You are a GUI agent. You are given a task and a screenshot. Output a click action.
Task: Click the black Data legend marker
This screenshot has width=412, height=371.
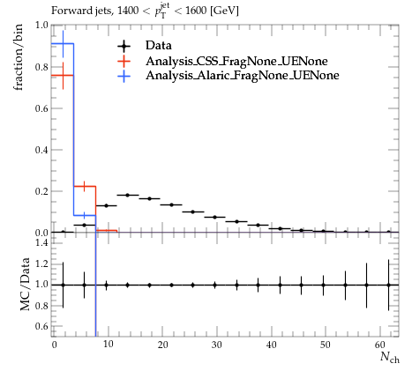(x=124, y=46)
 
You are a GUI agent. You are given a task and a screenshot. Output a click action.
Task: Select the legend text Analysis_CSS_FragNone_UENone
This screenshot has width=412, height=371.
(x=236, y=61)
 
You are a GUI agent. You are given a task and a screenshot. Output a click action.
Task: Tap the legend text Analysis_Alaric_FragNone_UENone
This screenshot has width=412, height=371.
(x=243, y=76)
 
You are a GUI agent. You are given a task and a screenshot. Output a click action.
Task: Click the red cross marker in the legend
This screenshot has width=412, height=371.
(x=124, y=61)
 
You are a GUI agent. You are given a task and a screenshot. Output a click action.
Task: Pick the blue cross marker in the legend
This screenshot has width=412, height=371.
(x=124, y=76)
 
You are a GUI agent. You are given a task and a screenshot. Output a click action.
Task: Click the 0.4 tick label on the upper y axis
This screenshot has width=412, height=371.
(x=41, y=150)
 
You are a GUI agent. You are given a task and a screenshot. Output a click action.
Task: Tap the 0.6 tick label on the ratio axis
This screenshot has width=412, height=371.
(x=41, y=326)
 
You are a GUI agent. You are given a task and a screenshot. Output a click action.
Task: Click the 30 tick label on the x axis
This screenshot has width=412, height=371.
(x=217, y=345)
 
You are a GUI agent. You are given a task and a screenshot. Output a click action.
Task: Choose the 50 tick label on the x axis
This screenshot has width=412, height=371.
(x=326, y=345)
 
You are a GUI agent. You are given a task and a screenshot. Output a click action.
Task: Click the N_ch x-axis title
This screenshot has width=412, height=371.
(x=390, y=357)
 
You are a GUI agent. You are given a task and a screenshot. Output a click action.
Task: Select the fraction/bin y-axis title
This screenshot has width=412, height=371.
(x=18, y=58)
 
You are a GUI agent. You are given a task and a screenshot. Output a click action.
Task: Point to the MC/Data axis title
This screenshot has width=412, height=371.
(x=25, y=284)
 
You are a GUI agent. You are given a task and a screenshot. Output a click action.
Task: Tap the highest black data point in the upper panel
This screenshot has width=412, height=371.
(x=128, y=195)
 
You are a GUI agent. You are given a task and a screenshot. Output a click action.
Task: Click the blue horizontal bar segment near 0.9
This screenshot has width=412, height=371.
(x=63, y=44)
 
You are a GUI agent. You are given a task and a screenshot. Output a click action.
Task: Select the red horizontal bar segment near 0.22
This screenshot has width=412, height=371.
(x=85, y=186)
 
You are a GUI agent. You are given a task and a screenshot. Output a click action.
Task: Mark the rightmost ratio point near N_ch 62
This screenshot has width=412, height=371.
(x=388, y=285)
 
